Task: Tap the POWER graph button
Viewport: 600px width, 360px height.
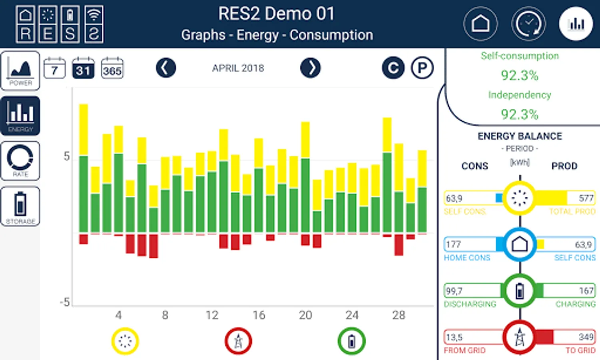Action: (20, 70)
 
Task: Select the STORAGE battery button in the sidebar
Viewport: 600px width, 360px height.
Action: (20, 206)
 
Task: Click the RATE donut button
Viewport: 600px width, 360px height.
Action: (20, 160)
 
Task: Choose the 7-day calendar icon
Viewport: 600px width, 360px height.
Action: (54, 68)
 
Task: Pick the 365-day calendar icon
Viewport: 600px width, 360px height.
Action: (112, 68)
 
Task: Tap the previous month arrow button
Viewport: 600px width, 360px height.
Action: (165, 68)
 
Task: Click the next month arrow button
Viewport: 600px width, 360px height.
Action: (310, 68)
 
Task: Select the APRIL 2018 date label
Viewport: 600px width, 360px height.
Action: (238, 68)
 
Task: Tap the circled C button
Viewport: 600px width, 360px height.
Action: (393, 68)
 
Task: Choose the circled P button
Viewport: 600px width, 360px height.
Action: (422, 68)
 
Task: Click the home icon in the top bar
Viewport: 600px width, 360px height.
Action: (480, 24)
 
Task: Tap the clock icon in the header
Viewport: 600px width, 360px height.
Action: (528, 24)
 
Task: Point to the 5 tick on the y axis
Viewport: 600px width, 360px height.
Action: (67, 156)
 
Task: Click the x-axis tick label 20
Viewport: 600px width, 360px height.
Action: (305, 315)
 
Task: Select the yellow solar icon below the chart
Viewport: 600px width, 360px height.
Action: (125, 341)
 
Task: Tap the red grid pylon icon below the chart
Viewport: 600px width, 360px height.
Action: (238, 341)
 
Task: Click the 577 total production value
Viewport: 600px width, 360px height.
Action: (586, 198)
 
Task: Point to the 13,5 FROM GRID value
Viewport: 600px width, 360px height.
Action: (454, 337)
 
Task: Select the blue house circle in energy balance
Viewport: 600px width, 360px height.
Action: (520, 244)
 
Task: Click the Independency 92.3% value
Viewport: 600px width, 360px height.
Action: (520, 114)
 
